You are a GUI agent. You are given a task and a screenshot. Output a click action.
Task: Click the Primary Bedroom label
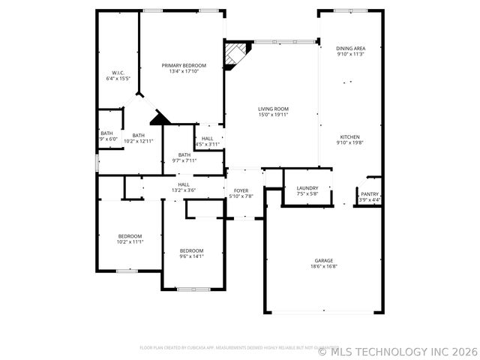184,65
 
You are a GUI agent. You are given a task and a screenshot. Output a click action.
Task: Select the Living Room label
273,109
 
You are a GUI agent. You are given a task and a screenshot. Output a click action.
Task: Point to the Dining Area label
350,48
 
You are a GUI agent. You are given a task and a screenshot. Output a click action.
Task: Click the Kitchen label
350,137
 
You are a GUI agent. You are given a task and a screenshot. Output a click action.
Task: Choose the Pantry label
370,193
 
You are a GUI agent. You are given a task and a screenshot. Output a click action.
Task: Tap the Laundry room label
307,187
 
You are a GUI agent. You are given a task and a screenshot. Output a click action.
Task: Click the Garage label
324,260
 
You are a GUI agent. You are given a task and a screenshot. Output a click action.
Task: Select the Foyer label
241,190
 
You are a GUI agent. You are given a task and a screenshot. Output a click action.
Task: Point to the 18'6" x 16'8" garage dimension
324,266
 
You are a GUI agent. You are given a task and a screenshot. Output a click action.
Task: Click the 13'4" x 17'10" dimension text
184,71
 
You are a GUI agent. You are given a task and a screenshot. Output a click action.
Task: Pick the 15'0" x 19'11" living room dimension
273,115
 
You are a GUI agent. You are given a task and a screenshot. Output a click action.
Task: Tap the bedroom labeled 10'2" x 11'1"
130,239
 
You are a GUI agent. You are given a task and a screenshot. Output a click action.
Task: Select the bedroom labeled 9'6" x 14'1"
191,253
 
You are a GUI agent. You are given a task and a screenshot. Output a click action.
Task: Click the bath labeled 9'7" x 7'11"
184,157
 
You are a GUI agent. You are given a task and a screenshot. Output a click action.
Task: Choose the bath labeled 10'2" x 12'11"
138,138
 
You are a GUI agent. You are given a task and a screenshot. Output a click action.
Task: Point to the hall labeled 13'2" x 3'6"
184,187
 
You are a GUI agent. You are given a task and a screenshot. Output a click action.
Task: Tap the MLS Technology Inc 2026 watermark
397,350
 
